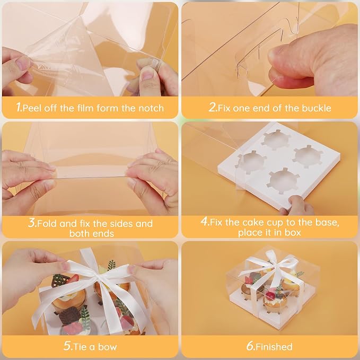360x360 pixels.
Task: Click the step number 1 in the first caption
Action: coord(19,107)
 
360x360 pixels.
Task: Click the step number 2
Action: coord(212,107)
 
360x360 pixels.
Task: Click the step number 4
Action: coord(204,221)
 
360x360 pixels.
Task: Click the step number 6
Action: coord(250,346)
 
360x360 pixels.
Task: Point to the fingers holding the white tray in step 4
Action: coord(296,205)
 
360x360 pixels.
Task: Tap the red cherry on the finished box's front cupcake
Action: coord(270,296)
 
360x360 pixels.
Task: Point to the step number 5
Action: coord(68,346)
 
